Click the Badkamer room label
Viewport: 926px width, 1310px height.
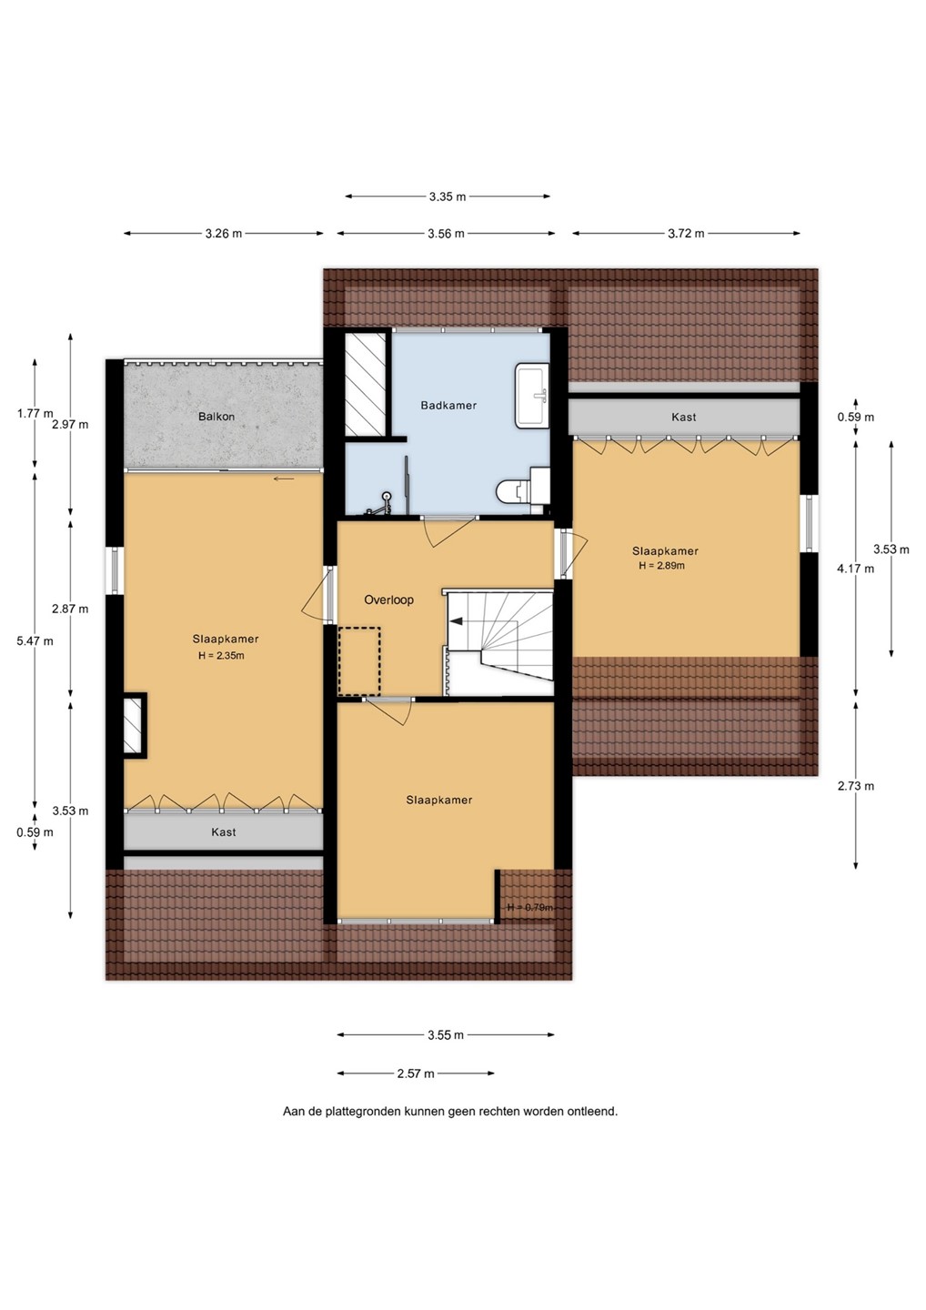tap(448, 405)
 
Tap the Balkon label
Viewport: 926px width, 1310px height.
tap(216, 417)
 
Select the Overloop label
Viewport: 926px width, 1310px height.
tap(388, 600)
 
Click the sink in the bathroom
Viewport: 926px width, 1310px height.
tap(532, 395)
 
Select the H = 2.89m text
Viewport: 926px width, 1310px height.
tap(662, 566)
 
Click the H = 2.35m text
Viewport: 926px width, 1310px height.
tap(221, 656)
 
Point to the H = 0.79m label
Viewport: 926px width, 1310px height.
tap(530, 907)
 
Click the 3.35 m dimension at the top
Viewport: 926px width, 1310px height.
tap(448, 196)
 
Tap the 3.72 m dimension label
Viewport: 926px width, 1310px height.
tap(687, 233)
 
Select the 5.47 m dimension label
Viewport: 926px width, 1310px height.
tap(35, 640)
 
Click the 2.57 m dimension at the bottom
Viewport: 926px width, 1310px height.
tap(416, 1073)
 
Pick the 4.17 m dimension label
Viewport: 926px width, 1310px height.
tap(856, 568)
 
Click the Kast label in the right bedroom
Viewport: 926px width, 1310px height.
tap(684, 417)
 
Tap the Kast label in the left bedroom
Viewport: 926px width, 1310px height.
tap(224, 831)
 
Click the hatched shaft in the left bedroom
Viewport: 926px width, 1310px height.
tap(134, 726)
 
